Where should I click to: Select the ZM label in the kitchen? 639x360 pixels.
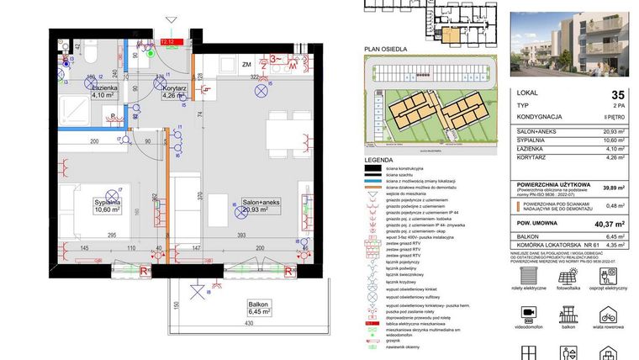[247, 64]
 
